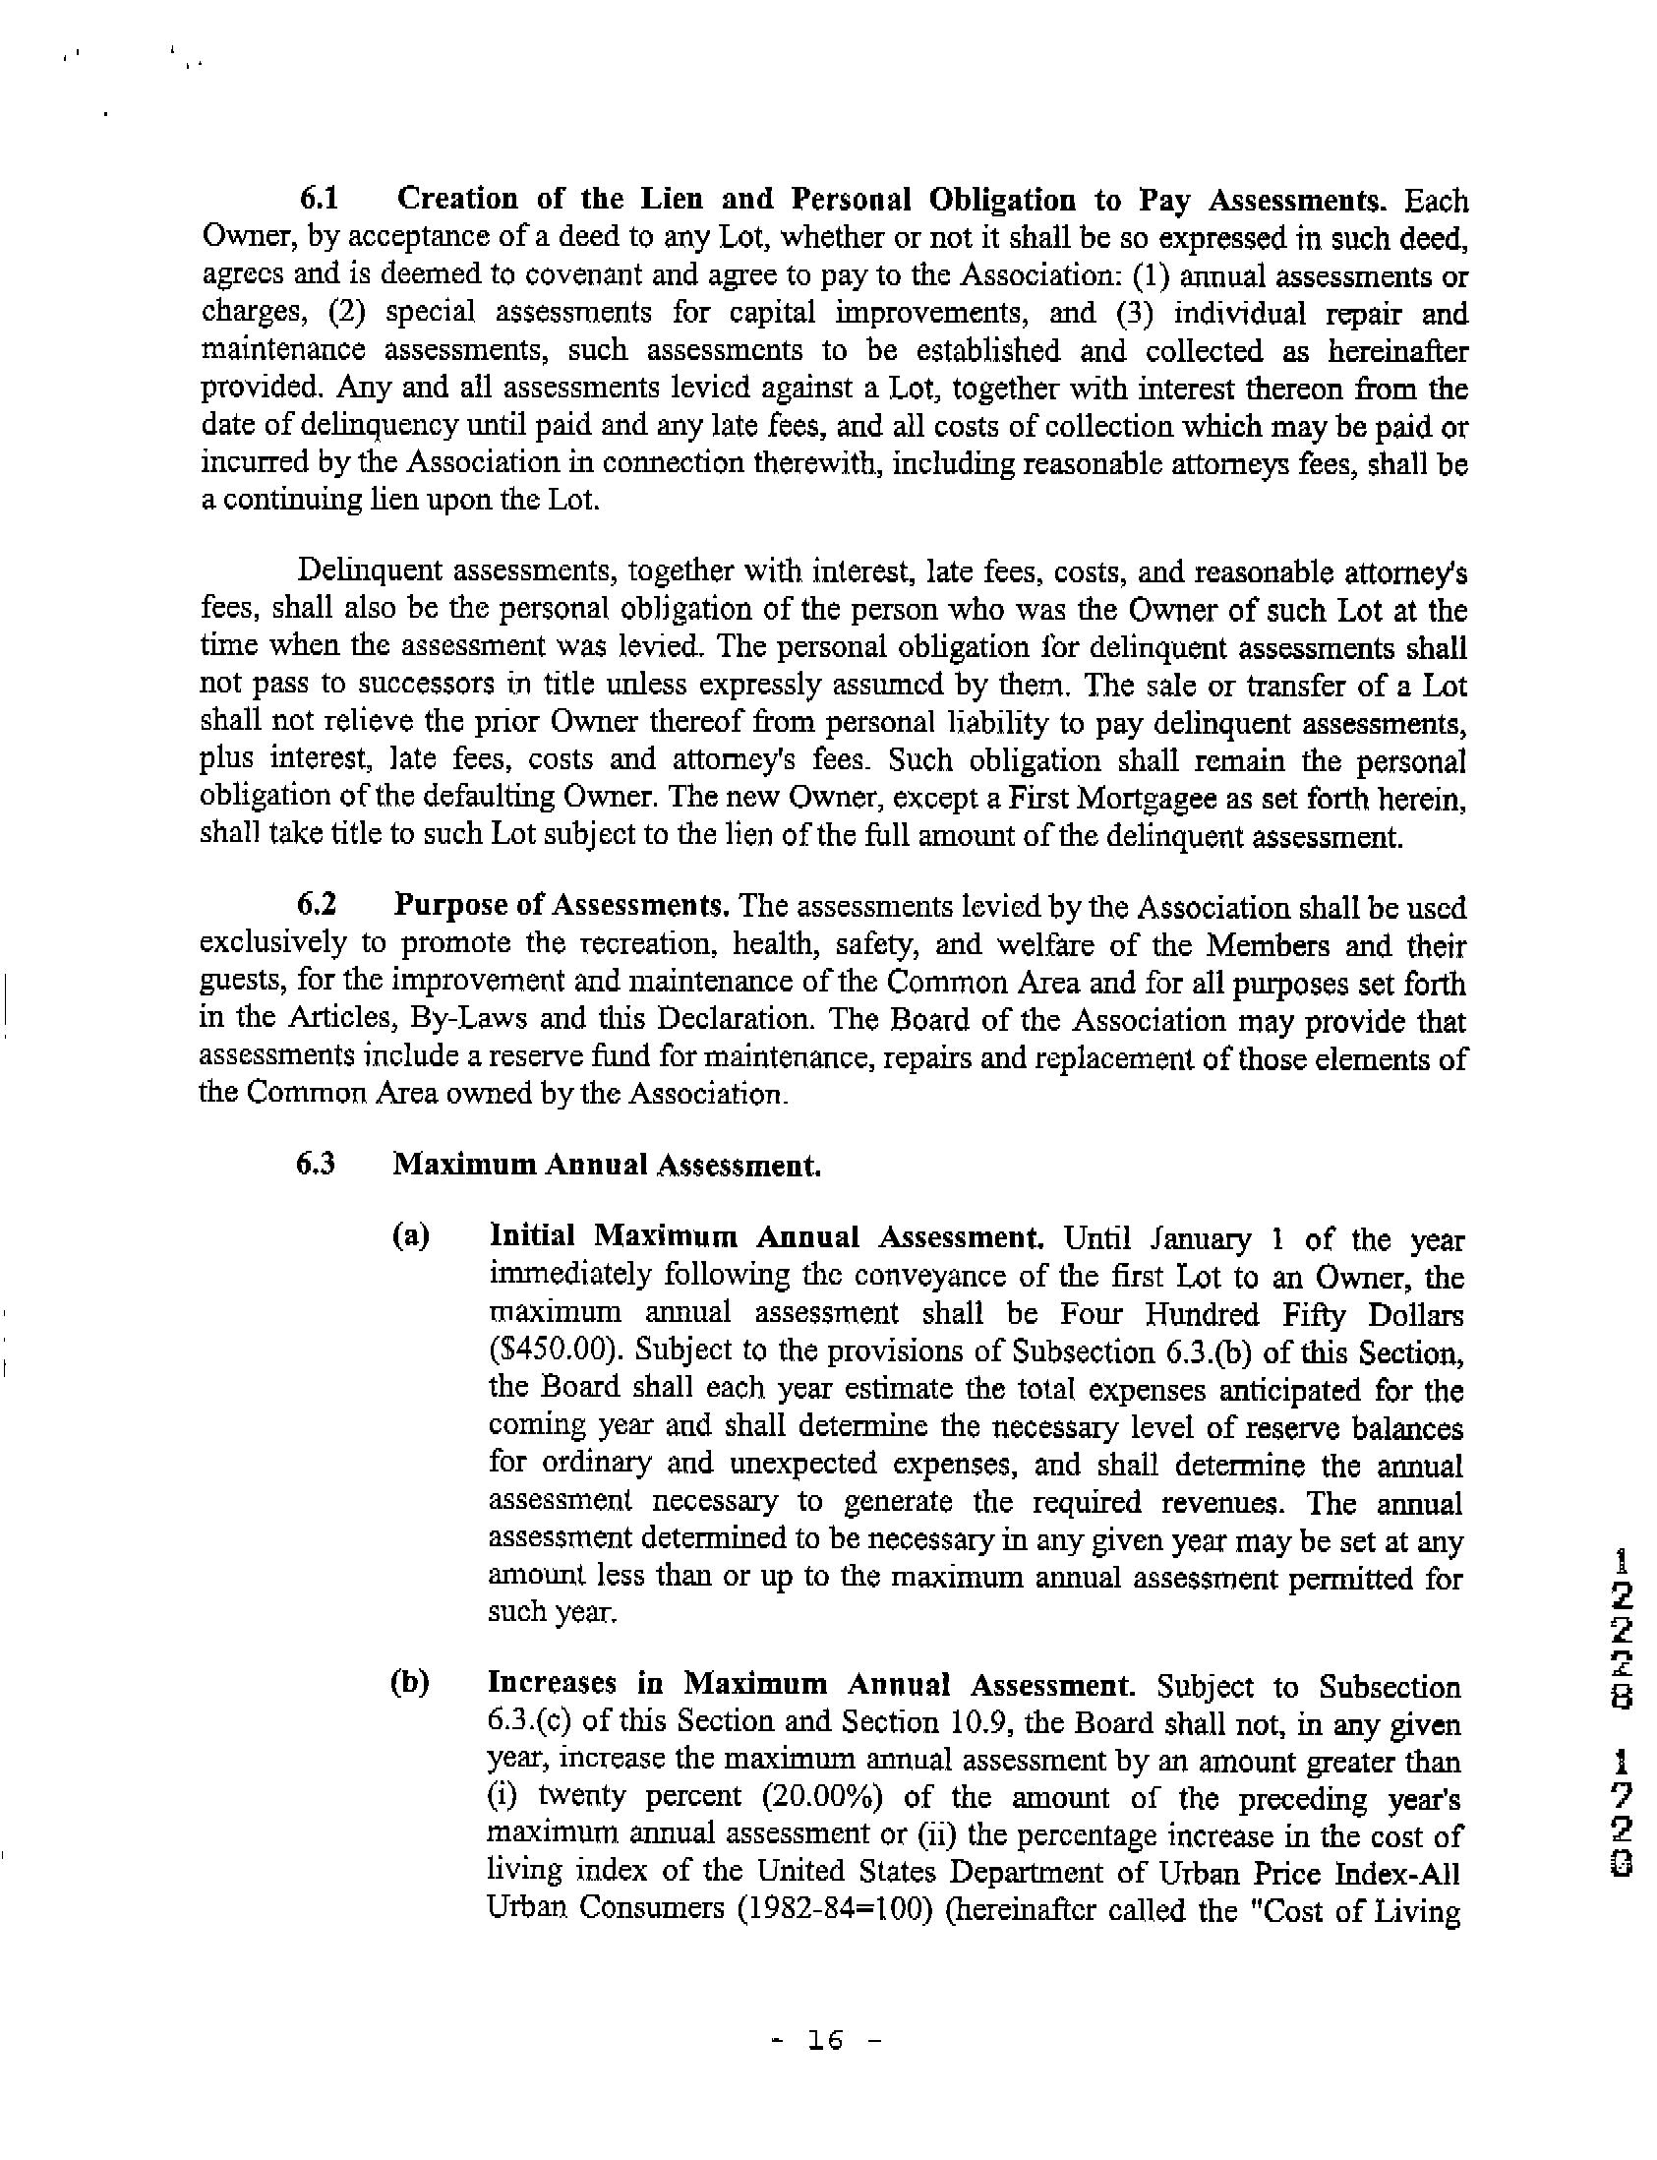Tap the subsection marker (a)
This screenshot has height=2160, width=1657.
click(411, 1236)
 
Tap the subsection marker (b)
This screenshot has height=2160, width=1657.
click(410, 1683)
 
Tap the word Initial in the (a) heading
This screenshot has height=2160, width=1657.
click(533, 1236)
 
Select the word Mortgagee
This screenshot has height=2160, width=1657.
click(1154, 798)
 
